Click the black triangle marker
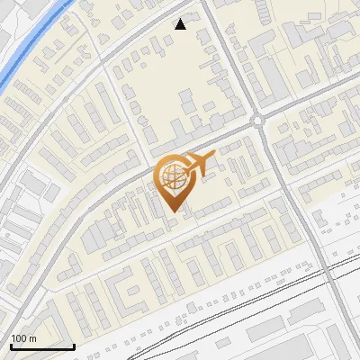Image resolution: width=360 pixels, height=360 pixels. [181, 24]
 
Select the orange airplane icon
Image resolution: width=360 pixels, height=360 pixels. [201, 163]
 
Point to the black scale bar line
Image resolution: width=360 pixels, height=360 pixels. [41, 346]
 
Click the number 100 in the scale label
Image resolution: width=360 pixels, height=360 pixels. [20, 338]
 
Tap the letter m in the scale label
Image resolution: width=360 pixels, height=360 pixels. [32, 338]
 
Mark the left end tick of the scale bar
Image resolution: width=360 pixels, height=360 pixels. [10, 345]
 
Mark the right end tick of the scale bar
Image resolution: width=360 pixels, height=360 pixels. [74, 345]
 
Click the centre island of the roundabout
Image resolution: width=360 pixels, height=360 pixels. [258, 120]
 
